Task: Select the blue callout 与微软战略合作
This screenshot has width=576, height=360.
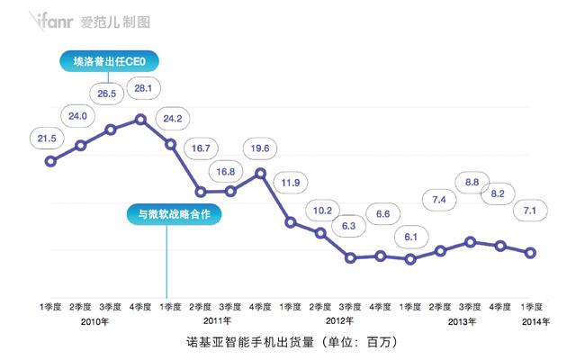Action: click(174, 214)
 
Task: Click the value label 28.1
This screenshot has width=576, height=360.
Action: click(142, 87)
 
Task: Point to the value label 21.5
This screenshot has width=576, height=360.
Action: click(48, 138)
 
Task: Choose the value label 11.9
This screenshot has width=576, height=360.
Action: click(291, 184)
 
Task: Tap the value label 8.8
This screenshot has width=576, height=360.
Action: click(471, 183)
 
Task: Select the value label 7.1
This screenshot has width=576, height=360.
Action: click(530, 211)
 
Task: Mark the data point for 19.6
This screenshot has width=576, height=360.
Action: click(261, 172)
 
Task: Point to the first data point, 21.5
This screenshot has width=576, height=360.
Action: click(50, 160)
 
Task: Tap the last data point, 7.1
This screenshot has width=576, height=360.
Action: click(530, 253)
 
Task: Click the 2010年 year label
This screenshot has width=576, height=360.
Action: click(95, 320)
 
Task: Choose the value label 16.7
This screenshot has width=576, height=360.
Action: click(201, 148)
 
